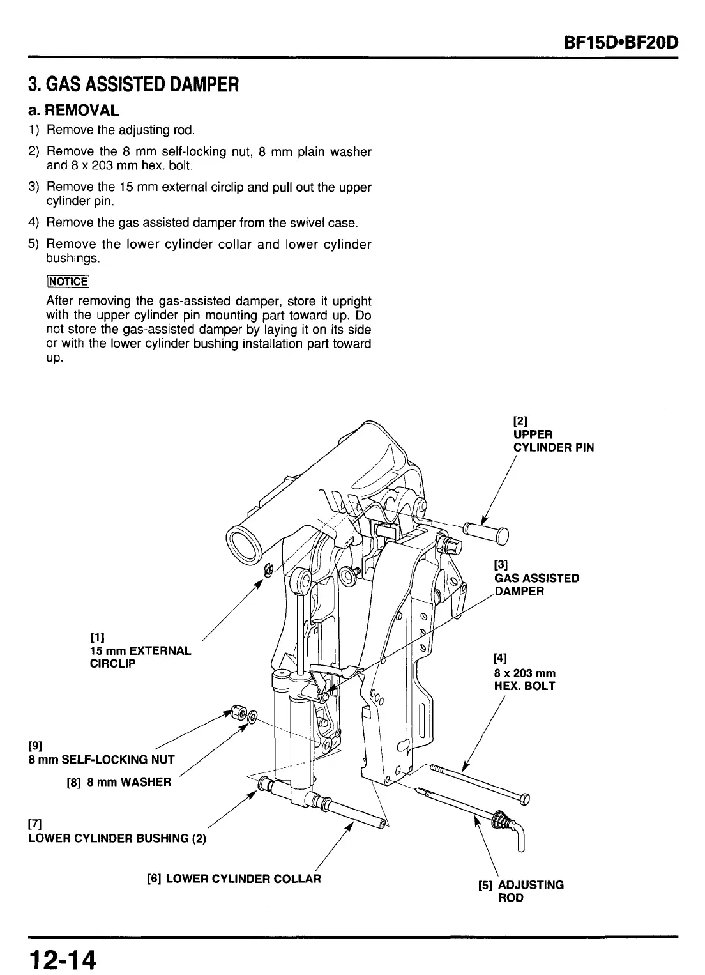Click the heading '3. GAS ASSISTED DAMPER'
coord(133,84)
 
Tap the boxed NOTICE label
coord(67,281)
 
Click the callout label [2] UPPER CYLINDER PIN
coord(552,434)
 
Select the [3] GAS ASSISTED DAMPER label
coord(536,578)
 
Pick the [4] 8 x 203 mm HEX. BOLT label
coord(524,673)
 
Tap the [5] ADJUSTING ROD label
coord(520,891)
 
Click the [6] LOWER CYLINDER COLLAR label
coord(234,879)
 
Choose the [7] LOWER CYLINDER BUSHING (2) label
coord(117,831)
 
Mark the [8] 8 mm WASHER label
coord(119,781)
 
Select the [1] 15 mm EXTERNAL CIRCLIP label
coord(140,650)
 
